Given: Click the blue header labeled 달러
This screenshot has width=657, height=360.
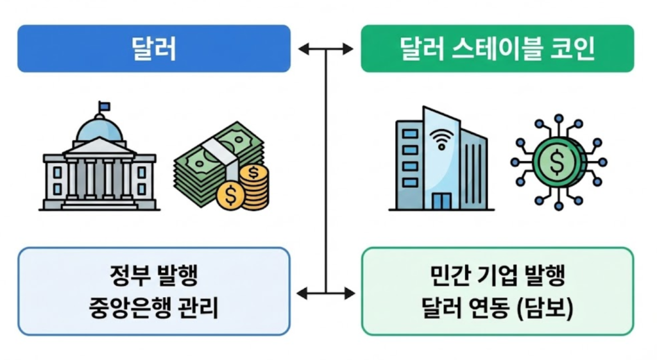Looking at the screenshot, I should [x=153, y=49].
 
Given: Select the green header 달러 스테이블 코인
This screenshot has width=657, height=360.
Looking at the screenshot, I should [x=497, y=49].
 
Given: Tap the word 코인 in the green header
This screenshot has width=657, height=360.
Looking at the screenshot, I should [x=569, y=49].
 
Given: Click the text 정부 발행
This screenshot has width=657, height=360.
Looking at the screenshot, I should [x=153, y=277].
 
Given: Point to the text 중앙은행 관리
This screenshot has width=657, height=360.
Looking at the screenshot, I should [x=153, y=309].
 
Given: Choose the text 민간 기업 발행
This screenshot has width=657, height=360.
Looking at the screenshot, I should [x=497, y=277].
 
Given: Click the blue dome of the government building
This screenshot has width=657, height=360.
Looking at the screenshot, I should [x=99, y=130].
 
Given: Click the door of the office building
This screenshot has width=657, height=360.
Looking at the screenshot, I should [x=441, y=201].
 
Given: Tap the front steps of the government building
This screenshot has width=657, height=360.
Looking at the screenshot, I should [x=99, y=205].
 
